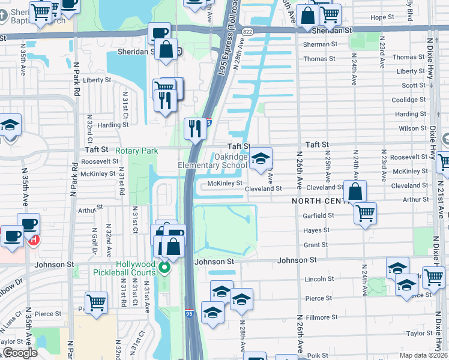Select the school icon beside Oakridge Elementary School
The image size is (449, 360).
point(261,159)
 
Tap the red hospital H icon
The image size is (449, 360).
point(34,239)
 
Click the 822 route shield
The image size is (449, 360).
point(247,31)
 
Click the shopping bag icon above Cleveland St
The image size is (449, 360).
point(355,191)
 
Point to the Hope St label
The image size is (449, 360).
point(382,17)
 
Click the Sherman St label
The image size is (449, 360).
point(320,44)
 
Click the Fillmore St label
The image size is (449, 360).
point(319,317)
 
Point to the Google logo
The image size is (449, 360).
point(20,353)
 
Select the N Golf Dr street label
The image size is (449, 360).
point(94,242)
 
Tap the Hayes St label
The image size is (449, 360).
point(316,230)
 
